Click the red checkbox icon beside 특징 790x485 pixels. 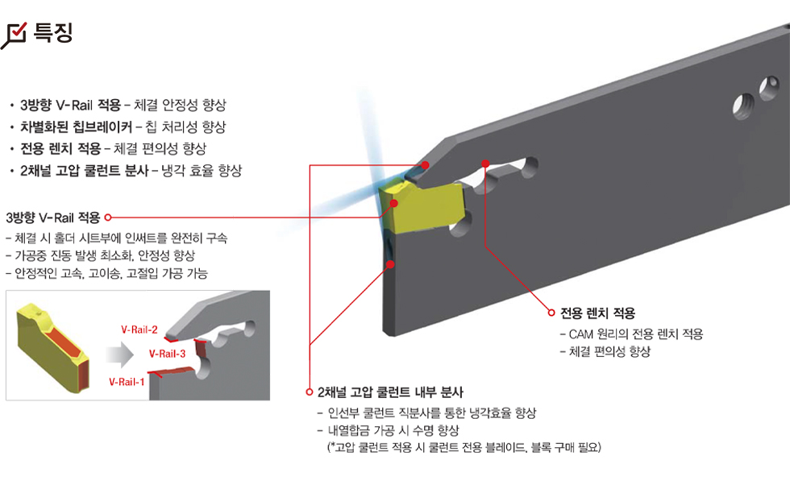pyautogui.click(x=14, y=35)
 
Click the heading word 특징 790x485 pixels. pyautogui.click(x=53, y=33)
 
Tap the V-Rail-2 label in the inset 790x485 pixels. pyautogui.click(x=139, y=330)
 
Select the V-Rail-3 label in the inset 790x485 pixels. pyautogui.click(x=168, y=354)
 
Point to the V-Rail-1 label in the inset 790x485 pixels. pyautogui.click(x=127, y=382)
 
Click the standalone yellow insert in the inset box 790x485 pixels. pyautogui.click(x=53, y=347)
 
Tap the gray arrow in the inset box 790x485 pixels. pyautogui.click(x=120, y=354)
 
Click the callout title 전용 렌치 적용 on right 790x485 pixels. pyautogui.click(x=597, y=313)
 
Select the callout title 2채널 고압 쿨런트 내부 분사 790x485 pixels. pyautogui.click(x=390, y=392)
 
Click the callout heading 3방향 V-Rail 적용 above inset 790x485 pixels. pyautogui.click(x=53, y=218)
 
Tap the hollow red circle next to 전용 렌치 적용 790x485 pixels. pyautogui.click(x=551, y=313)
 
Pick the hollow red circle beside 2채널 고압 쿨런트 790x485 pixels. pyautogui.click(x=310, y=392)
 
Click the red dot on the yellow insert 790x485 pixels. pyautogui.click(x=394, y=203)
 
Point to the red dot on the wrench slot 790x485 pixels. pyautogui.click(x=485, y=164)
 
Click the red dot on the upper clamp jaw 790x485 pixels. pyautogui.click(x=426, y=164)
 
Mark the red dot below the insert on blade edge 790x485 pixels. pyautogui.click(x=390, y=264)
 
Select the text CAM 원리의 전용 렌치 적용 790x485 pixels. pyautogui.click(x=635, y=334)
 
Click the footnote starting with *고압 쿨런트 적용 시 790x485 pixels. pyautogui.click(x=464, y=447)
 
